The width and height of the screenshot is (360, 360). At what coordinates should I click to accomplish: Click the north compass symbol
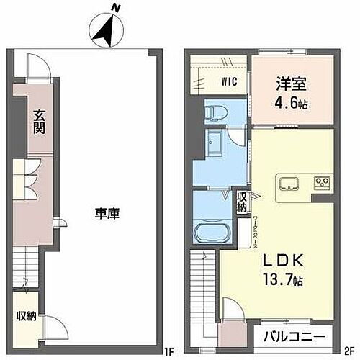click(106, 29)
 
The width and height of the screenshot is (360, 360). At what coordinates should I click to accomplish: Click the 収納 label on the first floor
click(27, 316)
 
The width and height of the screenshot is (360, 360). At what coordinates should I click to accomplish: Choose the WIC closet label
click(228, 81)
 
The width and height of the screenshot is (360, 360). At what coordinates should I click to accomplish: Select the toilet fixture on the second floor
click(213, 112)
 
